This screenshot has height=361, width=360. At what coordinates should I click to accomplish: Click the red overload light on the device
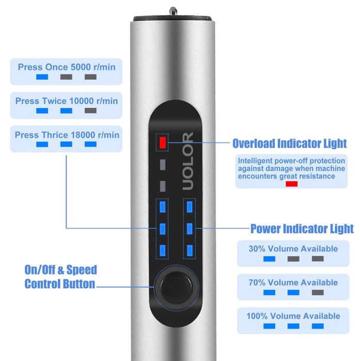(x=162, y=143)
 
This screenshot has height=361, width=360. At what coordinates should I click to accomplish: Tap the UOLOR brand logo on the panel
(x=188, y=161)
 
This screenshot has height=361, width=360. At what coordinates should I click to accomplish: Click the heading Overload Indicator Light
(x=289, y=143)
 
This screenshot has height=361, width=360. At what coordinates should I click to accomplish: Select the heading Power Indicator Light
(x=302, y=228)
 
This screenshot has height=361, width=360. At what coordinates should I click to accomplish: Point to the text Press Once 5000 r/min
(x=67, y=67)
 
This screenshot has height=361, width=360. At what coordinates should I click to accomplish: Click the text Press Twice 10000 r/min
(x=67, y=101)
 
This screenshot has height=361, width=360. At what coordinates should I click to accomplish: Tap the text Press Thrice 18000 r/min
(x=67, y=135)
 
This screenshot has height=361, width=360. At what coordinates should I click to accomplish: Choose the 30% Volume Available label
(x=293, y=249)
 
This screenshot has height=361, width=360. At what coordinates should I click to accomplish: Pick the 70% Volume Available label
(x=293, y=283)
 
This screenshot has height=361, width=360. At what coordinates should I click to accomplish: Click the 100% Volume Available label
(x=293, y=316)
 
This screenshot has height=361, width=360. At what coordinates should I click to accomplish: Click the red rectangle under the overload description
(x=291, y=184)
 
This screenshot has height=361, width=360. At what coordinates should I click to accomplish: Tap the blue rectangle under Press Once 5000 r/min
(x=42, y=77)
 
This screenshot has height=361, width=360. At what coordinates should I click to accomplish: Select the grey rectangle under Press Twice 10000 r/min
(x=90, y=110)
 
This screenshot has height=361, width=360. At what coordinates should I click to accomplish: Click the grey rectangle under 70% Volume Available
(x=318, y=292)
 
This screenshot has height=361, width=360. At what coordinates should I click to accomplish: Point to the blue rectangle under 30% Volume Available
(x=269, y=259)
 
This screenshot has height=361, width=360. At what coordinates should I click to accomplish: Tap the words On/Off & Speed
(x=61, y=270)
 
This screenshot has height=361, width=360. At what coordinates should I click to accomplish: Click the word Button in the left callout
(x=79, y=284)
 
